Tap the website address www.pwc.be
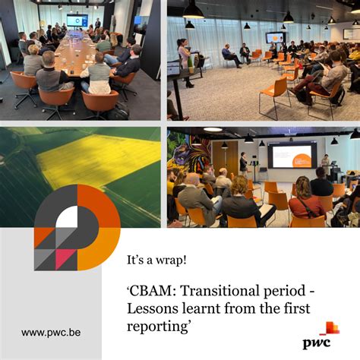pyautogui.click(x=52, y=332)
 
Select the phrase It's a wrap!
pyautogui.click(x=157, y=260)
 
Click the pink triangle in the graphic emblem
pyautogui.click(x=67, y=259)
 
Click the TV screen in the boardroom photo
pyautogui.click(x=77, y=20)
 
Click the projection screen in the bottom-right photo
pyautogui.click(x=292, y=156)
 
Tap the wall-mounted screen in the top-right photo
pyautogui.click(x=275, y=37)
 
